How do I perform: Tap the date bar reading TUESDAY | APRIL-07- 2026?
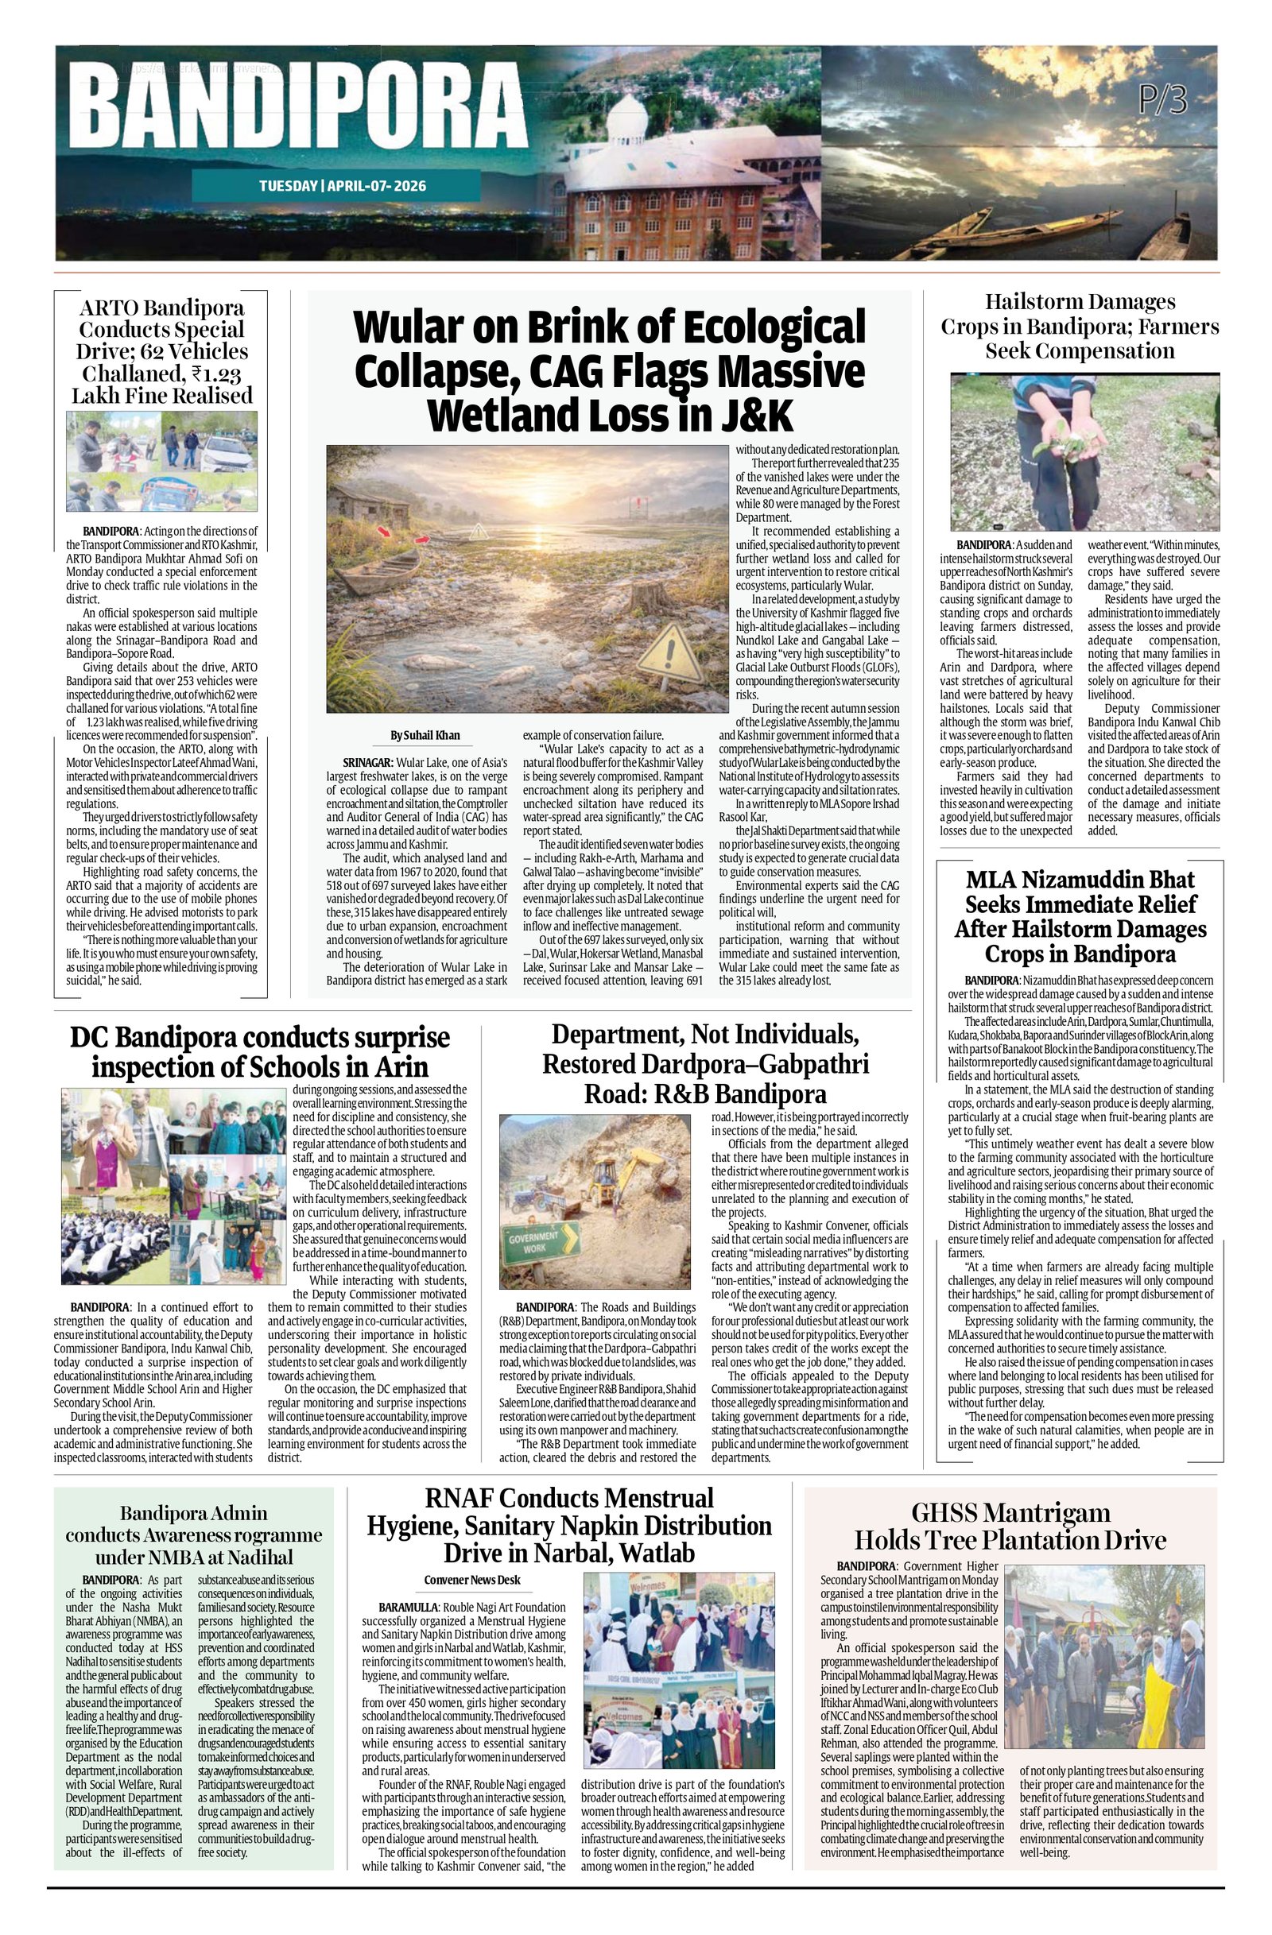(x=342, y=186)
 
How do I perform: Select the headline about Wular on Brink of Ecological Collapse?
(x=609, y=371)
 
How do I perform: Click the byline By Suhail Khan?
(x=425, y=735)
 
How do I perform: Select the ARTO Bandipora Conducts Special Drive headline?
(x=163, y=351)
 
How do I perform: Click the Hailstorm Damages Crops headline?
(x=1080, y=326)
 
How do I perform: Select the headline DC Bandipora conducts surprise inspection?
(x=259, y=1051)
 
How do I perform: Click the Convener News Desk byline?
(x=471, y=1580)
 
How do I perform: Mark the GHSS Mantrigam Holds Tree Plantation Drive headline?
(x=1010, y=1526)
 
